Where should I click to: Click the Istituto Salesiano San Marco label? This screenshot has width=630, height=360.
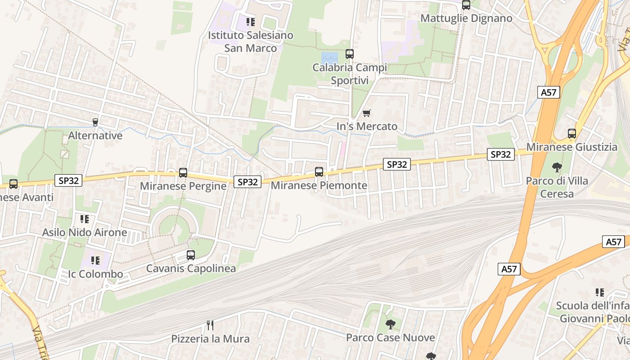pyautogui.click(x=250, y=41)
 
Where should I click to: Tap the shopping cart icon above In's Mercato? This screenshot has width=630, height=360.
pyautogui.click(x=367, y=113)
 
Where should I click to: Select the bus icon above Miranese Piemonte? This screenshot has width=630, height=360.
pyautogui.click(x=319, y=171)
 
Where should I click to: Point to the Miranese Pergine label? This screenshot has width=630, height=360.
pyautogui.click(x=183, y=186)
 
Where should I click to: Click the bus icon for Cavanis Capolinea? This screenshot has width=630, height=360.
pyautogui.click(x=191, y=255)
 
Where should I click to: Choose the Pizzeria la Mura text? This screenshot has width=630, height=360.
pyautogui.click(x=210, y=338)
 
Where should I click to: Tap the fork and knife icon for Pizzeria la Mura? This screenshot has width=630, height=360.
pyautogui.click(x=209, y=324)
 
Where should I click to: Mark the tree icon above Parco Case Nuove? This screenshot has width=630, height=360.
pyautogui.click(x=391, y=324)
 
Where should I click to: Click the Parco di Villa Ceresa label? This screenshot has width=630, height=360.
pyautogui.click(x=557, y=187)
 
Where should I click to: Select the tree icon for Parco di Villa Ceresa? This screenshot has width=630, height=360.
pyautogui.click(x=557, y=167)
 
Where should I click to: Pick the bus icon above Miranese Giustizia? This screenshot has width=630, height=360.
pyautogui.click(x=572, y=134)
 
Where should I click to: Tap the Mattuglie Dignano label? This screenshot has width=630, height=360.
pyautogui.click(x=466, y=18)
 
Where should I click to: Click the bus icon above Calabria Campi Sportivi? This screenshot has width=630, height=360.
pyautogui.click(x=350, y=54)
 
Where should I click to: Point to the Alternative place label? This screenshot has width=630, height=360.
pyautogui.click(x=95, y=135)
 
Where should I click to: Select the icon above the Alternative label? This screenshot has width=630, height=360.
pyautogui.click(x=95, y=122)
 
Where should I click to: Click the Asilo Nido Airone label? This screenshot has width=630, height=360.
pyautogui.click(x=85, y=233)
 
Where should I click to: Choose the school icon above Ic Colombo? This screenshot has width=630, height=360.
pyautogui.click(x=95, y=260)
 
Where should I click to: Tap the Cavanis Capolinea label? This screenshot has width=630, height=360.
pyautogui.click(x=191, y=269)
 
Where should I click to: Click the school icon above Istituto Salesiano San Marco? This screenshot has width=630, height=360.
pyautogui.click(x=251, y=22)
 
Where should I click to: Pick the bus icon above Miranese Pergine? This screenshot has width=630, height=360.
pyautogui.click(x=183, y=172)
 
